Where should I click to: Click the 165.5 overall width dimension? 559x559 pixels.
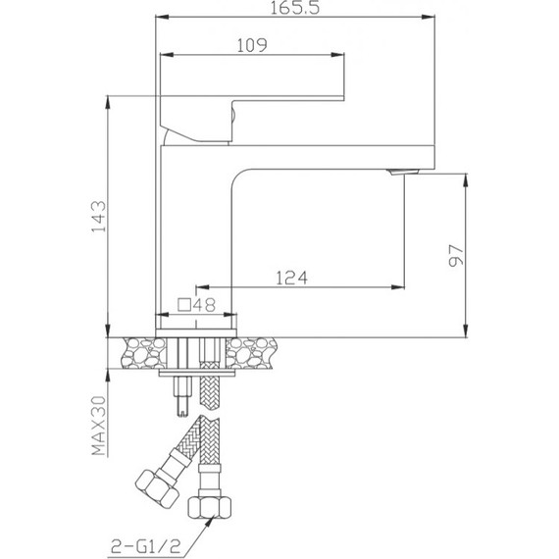coord(293,9)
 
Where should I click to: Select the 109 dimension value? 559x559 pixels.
coord(252,44)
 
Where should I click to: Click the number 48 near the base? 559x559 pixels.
coord(204,305)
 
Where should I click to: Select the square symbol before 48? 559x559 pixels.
coord(183,305)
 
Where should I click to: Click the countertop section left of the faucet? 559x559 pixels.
coord(138,351)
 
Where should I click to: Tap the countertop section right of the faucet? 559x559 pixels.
coord(257,351)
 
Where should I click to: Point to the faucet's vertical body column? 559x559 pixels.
coord(196,226)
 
